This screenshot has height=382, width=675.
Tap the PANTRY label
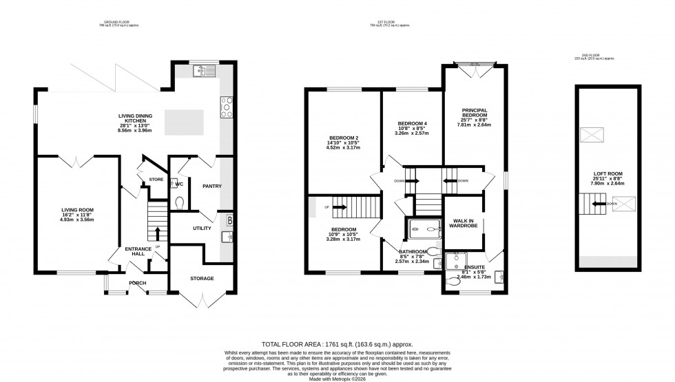click(x=211, y=186)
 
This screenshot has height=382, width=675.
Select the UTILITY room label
click(x=202, y=227)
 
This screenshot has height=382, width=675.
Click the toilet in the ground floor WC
click(x=180, y=202)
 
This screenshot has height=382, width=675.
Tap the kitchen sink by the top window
click(x=205, y=70)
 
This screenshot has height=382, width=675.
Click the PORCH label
click(x=137, y=283)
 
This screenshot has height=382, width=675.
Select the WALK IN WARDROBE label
click(x=461, y=224)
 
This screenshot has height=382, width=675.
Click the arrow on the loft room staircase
click(x=612, y=204)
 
